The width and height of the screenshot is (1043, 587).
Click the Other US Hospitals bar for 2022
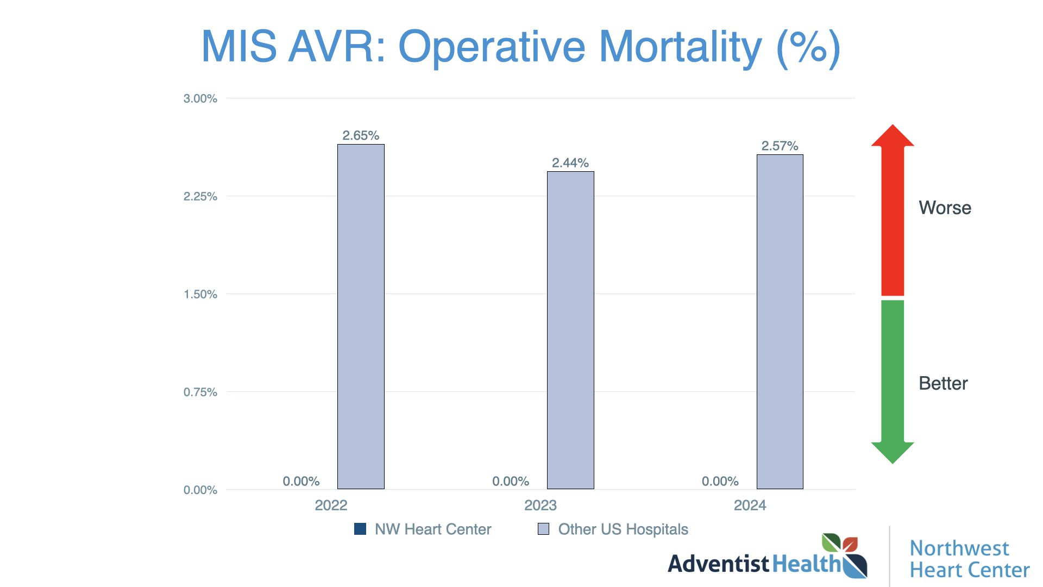point(361,316)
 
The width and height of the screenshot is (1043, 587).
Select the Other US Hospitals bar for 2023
point(570,330)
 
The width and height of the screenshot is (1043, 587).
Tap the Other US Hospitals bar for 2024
point(780,322)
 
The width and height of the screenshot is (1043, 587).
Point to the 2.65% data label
point(361,135)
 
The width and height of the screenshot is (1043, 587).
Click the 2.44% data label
point(570,163)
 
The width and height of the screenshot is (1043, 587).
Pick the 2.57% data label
point(780,146)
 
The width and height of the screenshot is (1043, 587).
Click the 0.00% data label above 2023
point(510,481)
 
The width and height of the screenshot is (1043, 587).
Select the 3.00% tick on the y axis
point(200,98)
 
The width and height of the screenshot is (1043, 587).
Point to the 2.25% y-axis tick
point(200,196)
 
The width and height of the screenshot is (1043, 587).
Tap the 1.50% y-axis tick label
point(200,294)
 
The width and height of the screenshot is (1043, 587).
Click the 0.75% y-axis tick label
point(200,392)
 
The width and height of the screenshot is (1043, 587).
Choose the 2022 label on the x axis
point(331,505)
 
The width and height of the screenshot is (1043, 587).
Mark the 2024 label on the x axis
point(750,505)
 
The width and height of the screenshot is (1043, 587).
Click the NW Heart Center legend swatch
point(360,529)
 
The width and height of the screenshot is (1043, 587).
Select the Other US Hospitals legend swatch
point(543,529)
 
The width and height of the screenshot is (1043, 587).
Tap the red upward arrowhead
point(893,136)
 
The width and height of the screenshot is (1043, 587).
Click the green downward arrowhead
point(893,452)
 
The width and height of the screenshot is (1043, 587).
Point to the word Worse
point(945,208)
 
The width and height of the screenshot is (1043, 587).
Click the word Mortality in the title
point(680,47)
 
